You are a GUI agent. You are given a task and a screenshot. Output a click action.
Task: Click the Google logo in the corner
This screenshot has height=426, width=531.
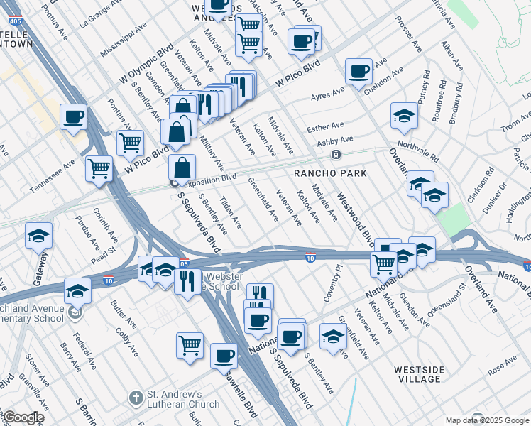click(23, 417)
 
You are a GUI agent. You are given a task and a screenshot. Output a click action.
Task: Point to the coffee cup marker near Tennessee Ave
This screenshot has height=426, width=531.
click(73, 117)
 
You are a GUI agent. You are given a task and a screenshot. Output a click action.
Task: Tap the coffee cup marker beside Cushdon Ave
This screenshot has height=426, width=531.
click(358, 71)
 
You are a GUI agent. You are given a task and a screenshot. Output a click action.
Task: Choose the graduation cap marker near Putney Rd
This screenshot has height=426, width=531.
click(404, 116)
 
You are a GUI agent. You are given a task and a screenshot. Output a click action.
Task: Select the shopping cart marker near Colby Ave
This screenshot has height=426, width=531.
click(190, 346)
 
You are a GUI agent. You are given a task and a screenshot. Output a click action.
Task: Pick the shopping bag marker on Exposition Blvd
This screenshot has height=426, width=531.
click(182, 168)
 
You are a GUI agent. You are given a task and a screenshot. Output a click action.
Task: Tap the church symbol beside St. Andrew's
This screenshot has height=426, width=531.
click(136, 399)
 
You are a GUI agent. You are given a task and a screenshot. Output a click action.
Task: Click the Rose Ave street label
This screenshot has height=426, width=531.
click(502, 366)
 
